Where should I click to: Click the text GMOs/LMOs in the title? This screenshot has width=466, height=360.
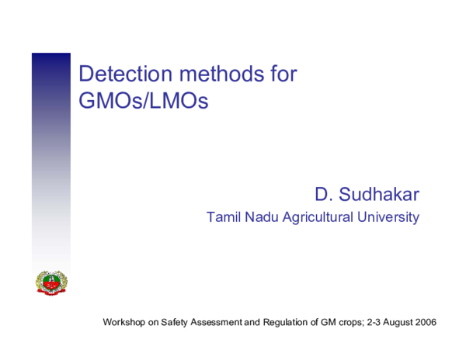pyautogui.click(x=144, y=101)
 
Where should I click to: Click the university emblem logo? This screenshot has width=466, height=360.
pyautogui.click(x=51, y=282)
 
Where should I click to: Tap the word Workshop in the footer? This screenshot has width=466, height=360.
pyautogui.click(x=125, y=321)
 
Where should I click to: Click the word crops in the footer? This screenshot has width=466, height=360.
pyautogui.click(x=349, y=321)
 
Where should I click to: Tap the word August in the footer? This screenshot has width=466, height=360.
pyautogui.click(x=398, y=321)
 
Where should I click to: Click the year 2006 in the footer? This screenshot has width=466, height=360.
pyautogui.click(x=426, y=321)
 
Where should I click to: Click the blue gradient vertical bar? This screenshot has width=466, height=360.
pyautogui.click(x=51, y=155)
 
